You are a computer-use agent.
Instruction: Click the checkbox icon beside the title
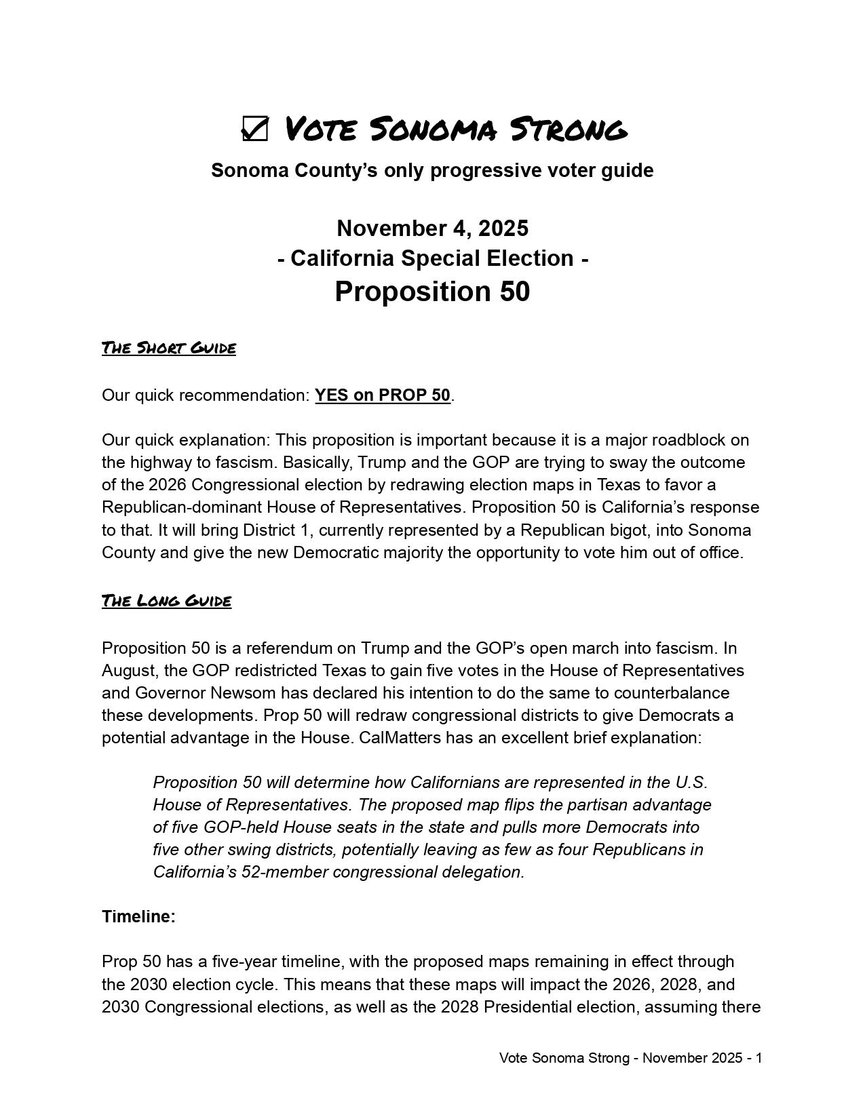click(x=254, y=129)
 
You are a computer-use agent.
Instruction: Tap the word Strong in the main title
click(x=568, y=129)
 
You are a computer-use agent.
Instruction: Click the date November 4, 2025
click(x=432, y=228)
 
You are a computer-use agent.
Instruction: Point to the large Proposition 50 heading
click(x=432, y=291)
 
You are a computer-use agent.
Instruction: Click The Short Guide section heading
click(x=169, y=348)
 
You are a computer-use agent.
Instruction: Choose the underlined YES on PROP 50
click(x=383, y=395)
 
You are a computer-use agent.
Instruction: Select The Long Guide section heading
click(x=167, y=601)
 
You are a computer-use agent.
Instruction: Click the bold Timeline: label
click(x=139, y=917)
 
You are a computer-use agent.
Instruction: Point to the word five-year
click(x=244, y=962)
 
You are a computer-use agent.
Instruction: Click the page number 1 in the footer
click(x=758, y=1058)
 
